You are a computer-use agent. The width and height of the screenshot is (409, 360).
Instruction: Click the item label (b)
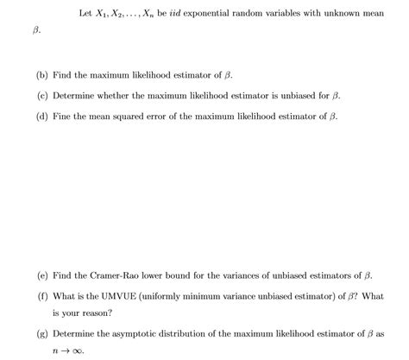click(42, 76)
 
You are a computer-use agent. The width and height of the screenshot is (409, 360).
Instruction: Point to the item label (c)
click(42, 95)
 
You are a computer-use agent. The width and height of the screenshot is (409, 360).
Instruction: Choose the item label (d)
click(42, 115)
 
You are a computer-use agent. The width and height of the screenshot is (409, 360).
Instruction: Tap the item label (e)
click(42, 275)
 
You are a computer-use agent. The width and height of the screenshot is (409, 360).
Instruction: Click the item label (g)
click(42, 332)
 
